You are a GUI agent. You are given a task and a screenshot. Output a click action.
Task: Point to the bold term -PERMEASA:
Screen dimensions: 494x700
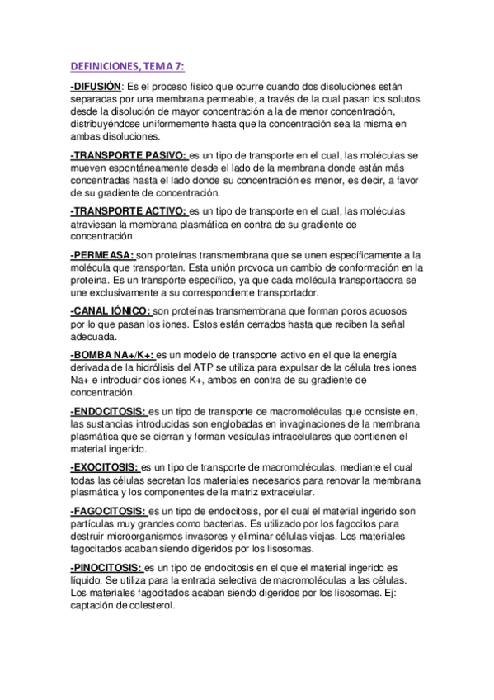tap(102, 255)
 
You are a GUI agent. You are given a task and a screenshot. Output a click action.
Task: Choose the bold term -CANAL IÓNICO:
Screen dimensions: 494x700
tap(111, 311)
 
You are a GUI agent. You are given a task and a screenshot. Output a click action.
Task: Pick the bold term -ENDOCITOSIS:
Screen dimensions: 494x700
tap(108, 411)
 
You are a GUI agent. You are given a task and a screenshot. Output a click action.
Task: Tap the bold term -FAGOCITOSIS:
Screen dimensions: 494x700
tap(109, 511)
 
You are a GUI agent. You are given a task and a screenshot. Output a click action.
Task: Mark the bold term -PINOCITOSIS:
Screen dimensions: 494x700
tap(107, 568)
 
